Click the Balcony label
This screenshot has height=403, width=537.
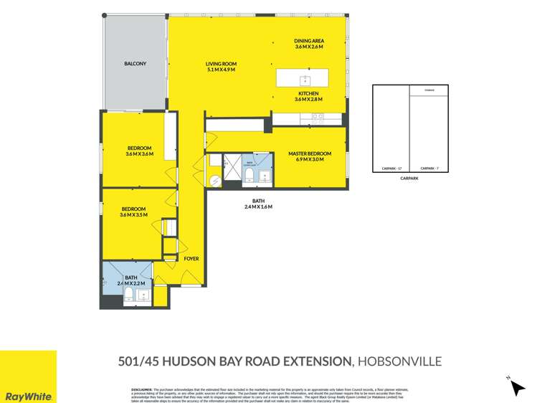click(135, 64)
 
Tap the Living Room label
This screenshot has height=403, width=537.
click(221, 67)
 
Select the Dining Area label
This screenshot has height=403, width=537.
click(309, 44)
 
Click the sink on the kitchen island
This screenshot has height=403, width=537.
click(304, 79)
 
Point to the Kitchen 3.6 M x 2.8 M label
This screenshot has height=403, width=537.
click(309, 97)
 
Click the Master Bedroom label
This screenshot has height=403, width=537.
click(309, 156)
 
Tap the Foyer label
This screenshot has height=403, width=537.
click(191, 258)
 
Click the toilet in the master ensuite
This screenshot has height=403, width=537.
click(247, 175)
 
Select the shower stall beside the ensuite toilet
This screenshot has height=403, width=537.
click(232, 169)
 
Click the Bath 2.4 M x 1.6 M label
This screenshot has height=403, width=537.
click(257, 204)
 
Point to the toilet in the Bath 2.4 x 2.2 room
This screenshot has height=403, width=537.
click(128, 298)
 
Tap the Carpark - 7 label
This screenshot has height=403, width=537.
click(429, 169)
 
